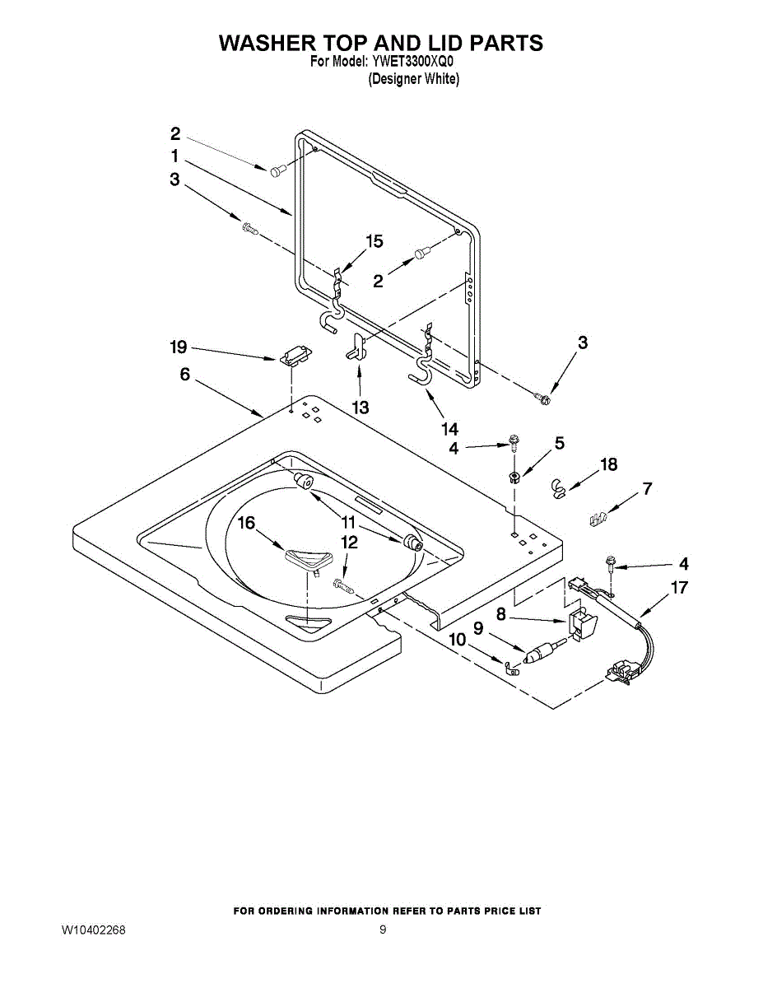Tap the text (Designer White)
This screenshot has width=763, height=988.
pos(413,79)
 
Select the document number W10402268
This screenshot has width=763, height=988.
pos(93,930)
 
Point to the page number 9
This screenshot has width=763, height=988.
pos(383,930)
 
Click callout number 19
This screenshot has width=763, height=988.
pos(179,347)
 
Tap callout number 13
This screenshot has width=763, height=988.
pos(360,407)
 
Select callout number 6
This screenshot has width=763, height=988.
pos(184,375)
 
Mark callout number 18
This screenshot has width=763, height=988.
pos(608,464)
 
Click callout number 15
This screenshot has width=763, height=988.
pos(375,241)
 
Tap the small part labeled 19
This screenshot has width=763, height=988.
pos(294,357)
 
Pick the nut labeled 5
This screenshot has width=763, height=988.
pos(514,476)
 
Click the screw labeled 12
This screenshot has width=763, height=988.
pos(343,585)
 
